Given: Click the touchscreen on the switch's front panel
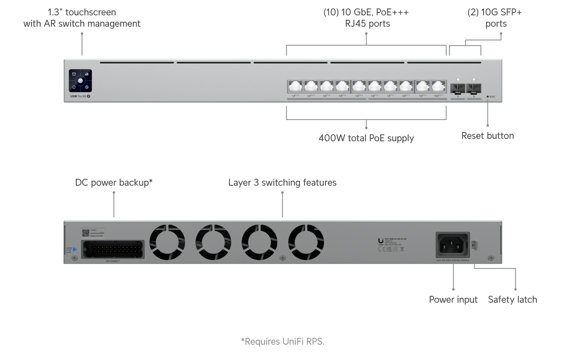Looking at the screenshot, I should coord(80,81).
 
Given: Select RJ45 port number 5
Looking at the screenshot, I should coord(359,86).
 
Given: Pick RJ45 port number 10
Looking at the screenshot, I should coord(438,86).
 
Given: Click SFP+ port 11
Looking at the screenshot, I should coord(458,88).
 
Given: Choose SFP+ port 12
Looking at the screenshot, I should coord(473,88).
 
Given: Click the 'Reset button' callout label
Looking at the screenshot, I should coord(488,136).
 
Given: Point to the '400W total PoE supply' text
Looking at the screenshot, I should coord(366,138).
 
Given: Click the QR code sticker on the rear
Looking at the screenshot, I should coord(85,233).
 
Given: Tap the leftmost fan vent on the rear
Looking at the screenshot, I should coord(167,242).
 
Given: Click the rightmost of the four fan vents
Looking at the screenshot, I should coord(306,242).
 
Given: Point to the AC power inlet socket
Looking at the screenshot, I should coord(452,244).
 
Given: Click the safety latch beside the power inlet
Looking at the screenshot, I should coord(474,244).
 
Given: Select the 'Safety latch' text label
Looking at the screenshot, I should coord(512,300).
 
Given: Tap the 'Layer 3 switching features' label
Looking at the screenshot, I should coord(282,183).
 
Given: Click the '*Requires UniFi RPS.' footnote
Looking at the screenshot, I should coord(283,342).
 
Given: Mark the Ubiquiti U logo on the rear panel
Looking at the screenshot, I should coord(381,241).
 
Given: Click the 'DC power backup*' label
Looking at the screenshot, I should coord(114,183).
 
